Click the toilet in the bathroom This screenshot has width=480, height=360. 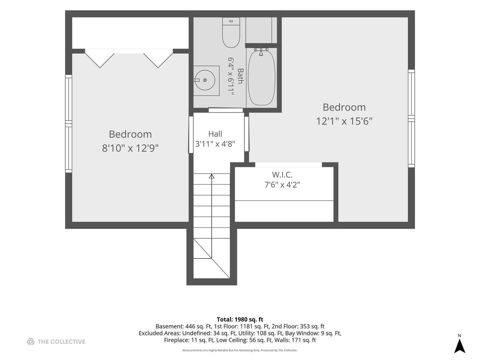[x=231, y=32]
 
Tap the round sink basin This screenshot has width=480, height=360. [x=205, y=80]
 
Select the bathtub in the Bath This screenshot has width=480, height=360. [x=262, y=78]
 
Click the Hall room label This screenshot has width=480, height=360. [x=215, y=134]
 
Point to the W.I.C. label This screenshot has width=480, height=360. [x=282, y=175]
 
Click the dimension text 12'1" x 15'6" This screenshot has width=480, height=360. [x=344, y=121]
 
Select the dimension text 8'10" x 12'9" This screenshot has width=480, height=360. [x=130, y=148]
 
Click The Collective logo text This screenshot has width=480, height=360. [x=61, y=342]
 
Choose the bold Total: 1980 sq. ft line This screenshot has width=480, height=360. [x=240, y=319]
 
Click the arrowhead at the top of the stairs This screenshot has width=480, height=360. [x=211, y=176]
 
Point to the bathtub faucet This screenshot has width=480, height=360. [x=261, y=52]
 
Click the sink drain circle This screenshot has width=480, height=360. [x=205, y=80]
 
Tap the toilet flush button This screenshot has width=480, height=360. [x=231, y=21]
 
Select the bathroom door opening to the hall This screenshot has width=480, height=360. [x=226, y=110]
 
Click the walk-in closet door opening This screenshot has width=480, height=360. [x=288, y=165]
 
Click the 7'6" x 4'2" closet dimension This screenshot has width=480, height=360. [x=282, y=185]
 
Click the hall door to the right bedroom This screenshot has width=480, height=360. [x=247, y=134]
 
